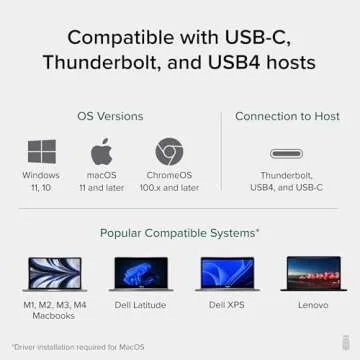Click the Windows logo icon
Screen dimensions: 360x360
[41, 152]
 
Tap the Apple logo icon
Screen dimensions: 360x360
[101, 152]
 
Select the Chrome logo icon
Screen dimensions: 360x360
[169, 152]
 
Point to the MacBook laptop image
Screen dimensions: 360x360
[54, 274]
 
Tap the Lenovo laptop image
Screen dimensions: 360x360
[313, 274]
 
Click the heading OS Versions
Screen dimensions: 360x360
[104, 115]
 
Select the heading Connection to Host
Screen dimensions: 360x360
[288, 115]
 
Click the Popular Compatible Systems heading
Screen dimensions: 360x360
[180, 232]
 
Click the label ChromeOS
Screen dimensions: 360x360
[169, 176]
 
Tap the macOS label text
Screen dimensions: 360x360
[101, 176]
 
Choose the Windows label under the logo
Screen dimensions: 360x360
[41, 176]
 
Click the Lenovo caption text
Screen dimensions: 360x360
[313, 304]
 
